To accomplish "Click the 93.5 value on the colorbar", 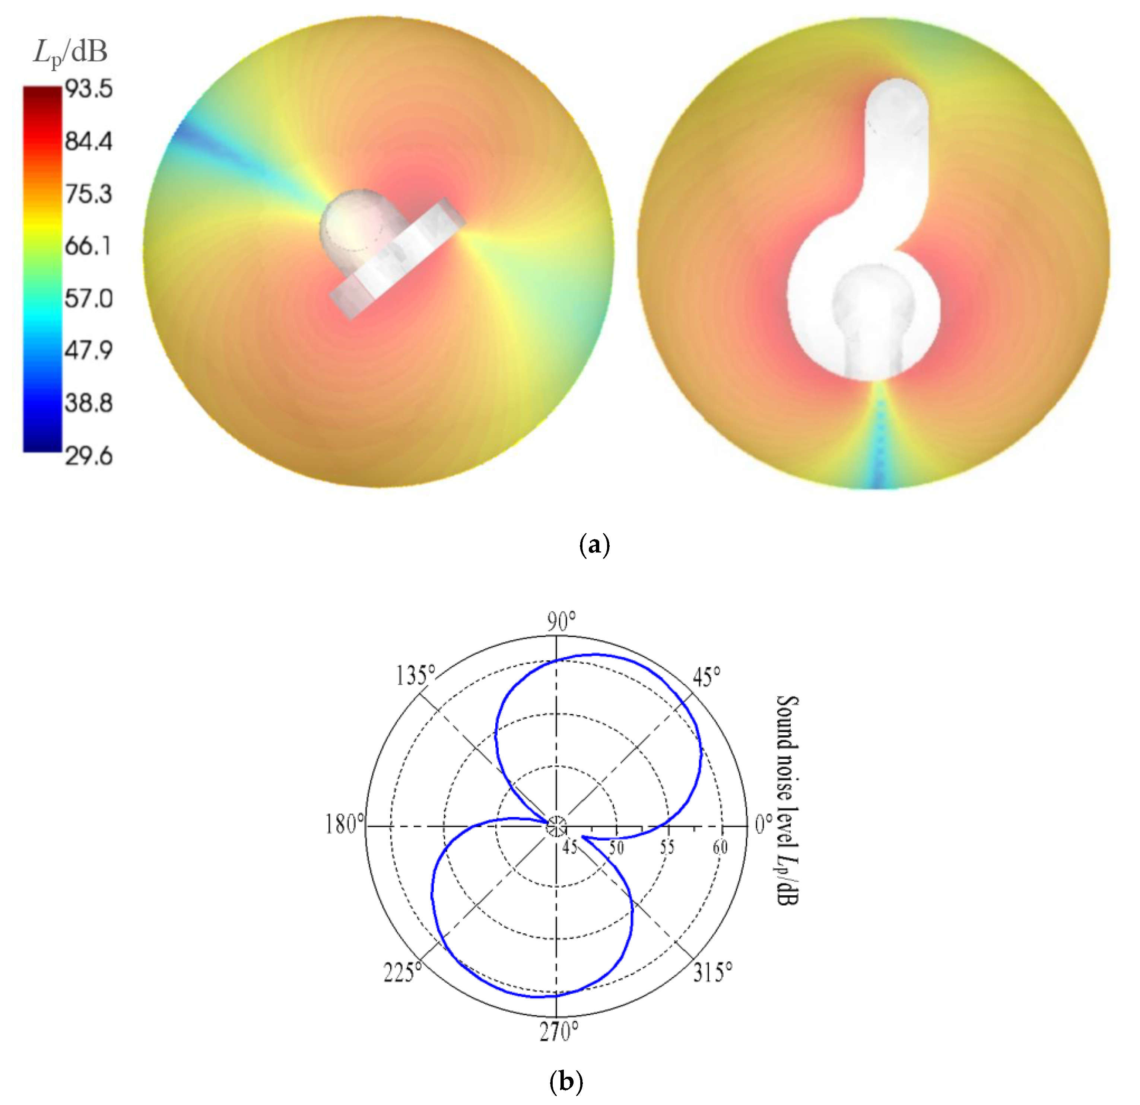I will click(88, 90).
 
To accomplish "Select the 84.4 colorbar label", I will click(88, 141).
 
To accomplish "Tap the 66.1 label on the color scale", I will click(88, 246).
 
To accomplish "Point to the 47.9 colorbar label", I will click(88, 351).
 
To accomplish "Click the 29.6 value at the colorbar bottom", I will click(88, 456).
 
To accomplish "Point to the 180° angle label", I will click(344, 824).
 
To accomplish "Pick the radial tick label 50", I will click(616, 847).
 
